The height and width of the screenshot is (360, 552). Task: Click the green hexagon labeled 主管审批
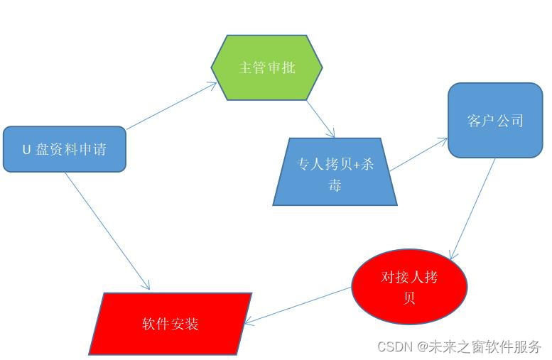click(x=266, y=67)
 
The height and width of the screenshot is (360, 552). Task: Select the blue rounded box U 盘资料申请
click(x=65, y=149)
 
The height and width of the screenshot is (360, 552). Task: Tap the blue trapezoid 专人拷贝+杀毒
click(x=335, y=173)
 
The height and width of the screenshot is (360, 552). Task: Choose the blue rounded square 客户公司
click(x=495, y=120)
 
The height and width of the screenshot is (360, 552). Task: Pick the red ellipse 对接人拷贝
click(x=409, y=286)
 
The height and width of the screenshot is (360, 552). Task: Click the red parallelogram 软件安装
click(x=171, y=324)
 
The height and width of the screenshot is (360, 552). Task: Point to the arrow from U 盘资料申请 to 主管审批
click(x=171, y=106)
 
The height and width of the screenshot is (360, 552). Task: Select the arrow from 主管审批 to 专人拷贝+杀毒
click(x=320, y=119)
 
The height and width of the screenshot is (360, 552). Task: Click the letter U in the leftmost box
click(x=26, y=150)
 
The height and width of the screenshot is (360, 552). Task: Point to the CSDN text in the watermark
click(x=395, y=347)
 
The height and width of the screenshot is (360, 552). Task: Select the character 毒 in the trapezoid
click(x=335, y=185)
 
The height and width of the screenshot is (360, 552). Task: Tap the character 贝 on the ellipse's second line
click(x=409, y=298)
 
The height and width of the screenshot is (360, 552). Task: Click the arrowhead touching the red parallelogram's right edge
click(x=248, y=322)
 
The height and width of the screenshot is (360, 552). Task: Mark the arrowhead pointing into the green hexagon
click(x=212, y=84)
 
